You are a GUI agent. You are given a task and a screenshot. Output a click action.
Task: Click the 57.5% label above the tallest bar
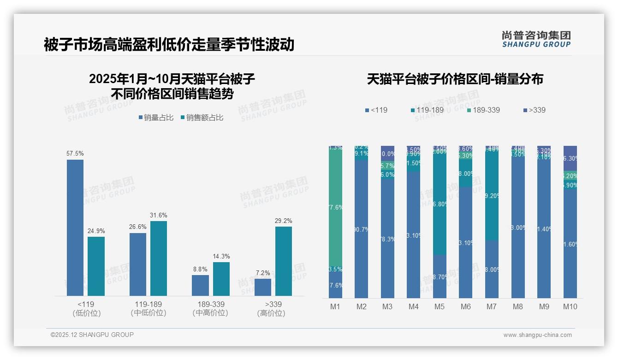click(75, 153)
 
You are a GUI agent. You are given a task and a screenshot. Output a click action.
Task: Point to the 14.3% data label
click(221, 256)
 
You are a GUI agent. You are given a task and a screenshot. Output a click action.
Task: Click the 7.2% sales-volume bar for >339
click(262, 287)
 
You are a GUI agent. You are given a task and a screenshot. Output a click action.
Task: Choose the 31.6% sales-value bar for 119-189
click(158, 258)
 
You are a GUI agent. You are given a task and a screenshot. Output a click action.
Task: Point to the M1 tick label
click(335, 306)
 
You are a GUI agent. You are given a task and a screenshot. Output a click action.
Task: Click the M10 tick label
click(570, 306)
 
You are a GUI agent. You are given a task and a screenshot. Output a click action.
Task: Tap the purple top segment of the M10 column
click(570, 158)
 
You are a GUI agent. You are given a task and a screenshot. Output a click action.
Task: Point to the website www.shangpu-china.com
click(537, 335)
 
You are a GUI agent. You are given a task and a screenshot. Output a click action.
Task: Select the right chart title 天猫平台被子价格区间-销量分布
click(455, 79)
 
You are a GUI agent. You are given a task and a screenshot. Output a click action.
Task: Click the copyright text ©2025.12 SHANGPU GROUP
click(92, 335)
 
